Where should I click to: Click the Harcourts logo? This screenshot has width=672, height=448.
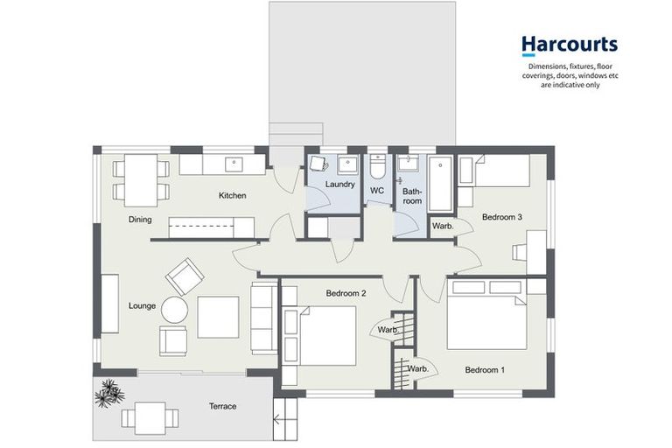tap(569, 45)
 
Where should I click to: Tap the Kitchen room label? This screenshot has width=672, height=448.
tap(232, 195)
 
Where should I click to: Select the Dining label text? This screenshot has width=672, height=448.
tap(140, 220)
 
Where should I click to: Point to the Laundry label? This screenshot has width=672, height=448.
tap(339, 185)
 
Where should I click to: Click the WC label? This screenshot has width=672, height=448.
tap(377, 190)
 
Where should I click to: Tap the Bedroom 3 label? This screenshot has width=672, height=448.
tap(501, 216)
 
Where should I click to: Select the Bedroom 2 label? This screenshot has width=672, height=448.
tap(346, 293)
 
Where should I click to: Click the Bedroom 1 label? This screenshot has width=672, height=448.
tap(486, 369)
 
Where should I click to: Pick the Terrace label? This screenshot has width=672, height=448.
tap(222, 406)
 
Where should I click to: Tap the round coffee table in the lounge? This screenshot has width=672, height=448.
tap(173, 310)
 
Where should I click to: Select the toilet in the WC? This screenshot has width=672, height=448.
tap(377, 165)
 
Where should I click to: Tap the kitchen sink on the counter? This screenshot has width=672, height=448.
tap(234, 164)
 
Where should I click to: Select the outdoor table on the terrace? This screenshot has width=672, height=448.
tap(145, 417)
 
